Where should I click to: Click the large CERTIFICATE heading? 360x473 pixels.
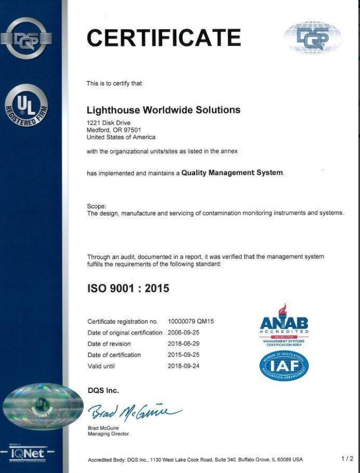pos(164,38)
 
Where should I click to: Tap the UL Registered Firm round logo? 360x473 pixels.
pos(26,105)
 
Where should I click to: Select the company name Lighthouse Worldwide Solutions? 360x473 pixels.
pos(163,110)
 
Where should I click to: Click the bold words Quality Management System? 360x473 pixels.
pos(232,173)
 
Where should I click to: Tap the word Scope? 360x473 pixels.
pos(97,206)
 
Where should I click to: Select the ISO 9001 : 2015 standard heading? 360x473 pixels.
pos(128,289)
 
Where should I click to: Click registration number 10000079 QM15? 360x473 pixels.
pos(191,322)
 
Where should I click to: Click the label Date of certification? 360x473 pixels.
pos(114,355)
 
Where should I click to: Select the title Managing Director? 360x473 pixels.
pos(108,434)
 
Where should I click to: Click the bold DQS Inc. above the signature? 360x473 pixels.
pos(103,390)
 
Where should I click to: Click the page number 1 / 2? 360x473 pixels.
pos(347,459)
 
